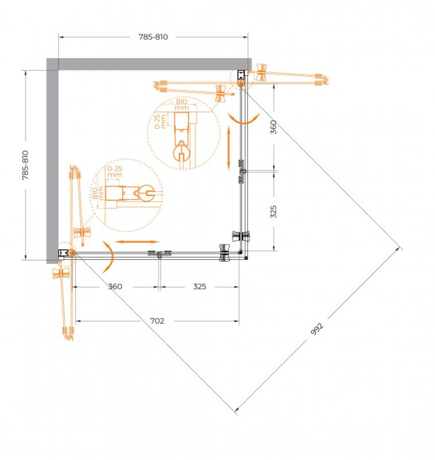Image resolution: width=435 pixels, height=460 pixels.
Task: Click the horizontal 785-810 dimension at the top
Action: pos(153,37)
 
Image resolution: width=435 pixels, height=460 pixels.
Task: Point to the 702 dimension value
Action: pos(157,321)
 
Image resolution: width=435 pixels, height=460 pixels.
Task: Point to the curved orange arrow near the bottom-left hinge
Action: pos(108,258)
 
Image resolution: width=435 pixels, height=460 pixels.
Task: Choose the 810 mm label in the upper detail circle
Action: pos(182,104)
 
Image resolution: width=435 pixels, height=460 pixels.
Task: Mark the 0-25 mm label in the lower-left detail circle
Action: pos(114,172)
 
